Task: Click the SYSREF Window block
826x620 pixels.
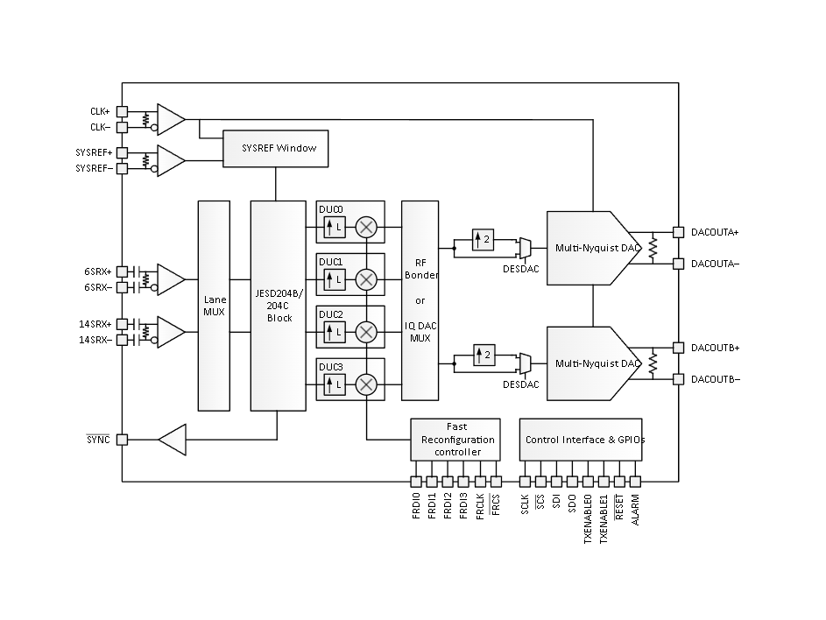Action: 276,149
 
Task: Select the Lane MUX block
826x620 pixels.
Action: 214,306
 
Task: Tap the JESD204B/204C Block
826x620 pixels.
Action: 279,306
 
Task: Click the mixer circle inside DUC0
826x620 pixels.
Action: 366,227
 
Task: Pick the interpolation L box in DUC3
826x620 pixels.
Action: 335,384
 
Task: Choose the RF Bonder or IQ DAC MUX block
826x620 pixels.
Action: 420,300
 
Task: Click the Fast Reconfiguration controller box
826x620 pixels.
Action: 455,440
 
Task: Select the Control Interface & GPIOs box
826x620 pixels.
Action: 581,440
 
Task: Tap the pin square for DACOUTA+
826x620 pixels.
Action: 679,232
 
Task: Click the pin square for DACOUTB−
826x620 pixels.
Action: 679,379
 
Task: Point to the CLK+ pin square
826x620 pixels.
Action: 123,112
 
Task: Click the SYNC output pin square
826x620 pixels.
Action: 123,440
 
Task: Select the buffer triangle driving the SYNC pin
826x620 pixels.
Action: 173,440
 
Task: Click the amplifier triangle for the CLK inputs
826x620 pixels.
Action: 171,120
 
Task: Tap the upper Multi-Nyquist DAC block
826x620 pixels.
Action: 593,248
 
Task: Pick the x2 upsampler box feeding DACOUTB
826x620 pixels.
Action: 484,355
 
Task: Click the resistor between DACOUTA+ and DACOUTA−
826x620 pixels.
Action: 653,248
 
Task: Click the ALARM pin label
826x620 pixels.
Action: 635,510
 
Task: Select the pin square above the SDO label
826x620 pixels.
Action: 572,482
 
